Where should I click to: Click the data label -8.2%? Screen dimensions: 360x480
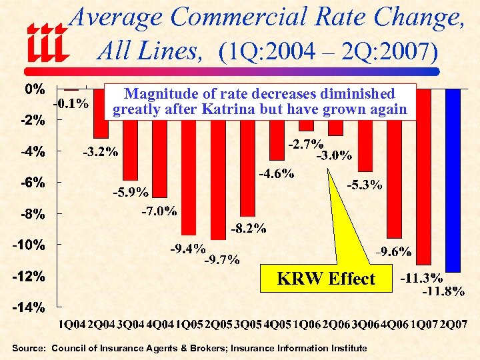click(x=249, y=229)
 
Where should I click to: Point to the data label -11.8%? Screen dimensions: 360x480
click(x=443, y=291)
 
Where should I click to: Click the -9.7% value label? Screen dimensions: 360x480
click(x=222, y=259)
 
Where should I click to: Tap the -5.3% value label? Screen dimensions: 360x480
click(x=364, y=185)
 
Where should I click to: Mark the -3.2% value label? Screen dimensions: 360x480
click(x=100, y=152)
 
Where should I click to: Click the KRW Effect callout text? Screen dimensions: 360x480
click(x=326, y=278)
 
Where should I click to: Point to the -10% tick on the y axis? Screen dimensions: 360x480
click(x=28, y=245)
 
